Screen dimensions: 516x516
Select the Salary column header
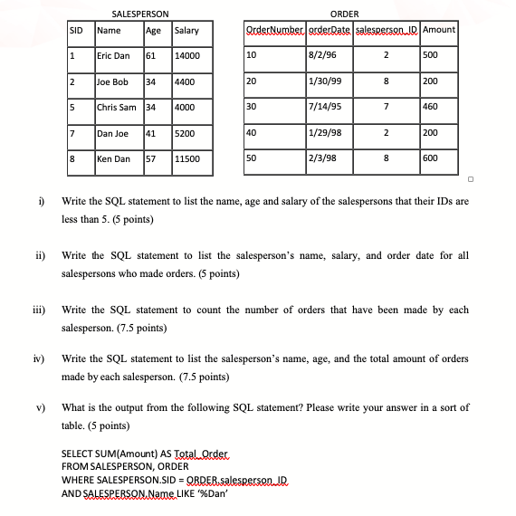point(186,31)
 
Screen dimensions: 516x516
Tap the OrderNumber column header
point(273,31)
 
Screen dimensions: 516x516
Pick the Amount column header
point(439,31)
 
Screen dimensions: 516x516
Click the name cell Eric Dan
point(114,56)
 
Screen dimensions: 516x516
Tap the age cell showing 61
point(153,56)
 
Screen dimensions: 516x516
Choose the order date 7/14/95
point(323,108)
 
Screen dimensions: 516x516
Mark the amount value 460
point(431,108)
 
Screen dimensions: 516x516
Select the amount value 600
point(431,159)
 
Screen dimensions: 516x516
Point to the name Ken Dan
point(114,159)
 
